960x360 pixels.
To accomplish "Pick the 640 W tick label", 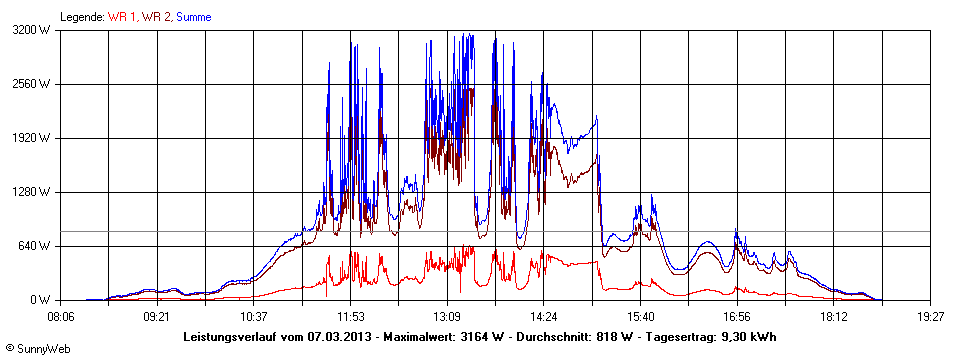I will [39, 246].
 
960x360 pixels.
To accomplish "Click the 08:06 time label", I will [61, 316].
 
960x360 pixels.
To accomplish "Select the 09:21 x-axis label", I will [156, 316].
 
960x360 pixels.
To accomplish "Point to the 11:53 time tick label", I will [349, 316].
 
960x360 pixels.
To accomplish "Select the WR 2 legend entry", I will [156, 17].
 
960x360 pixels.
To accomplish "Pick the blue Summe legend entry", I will [193, 17].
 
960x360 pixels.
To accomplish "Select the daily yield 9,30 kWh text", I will [745, 336].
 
